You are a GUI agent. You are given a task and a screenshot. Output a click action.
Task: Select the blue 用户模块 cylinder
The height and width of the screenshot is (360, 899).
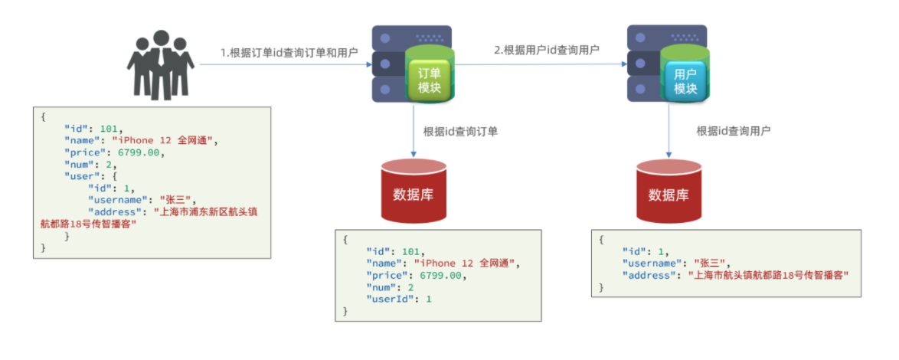[x=685, y=80]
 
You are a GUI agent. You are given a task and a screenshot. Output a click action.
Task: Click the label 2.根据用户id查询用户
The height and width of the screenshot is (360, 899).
[x=546, y=50]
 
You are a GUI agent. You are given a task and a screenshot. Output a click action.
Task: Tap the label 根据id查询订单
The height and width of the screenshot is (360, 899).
[x=461, y=131]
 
